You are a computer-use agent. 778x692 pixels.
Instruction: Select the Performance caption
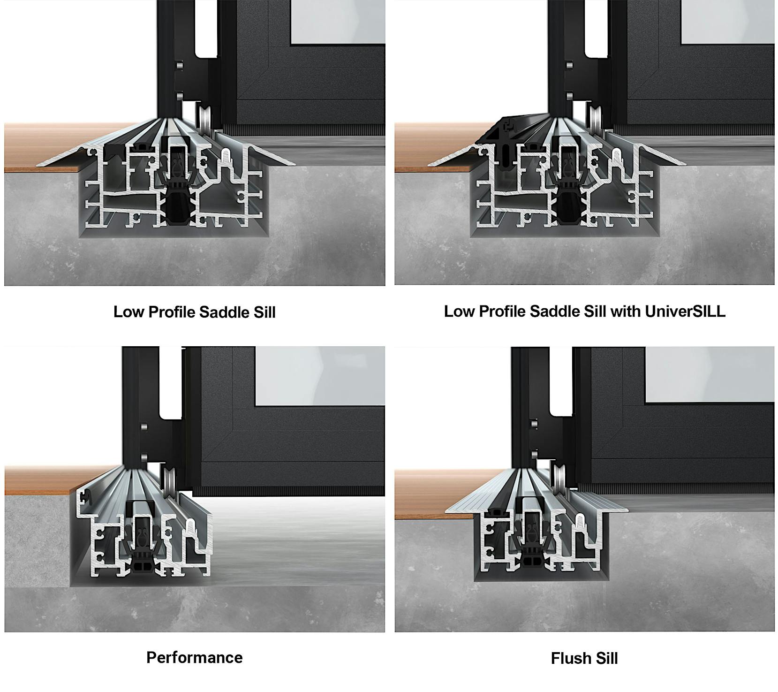coord(195,657)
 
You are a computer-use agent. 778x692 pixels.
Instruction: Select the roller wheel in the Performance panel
coord(167,484)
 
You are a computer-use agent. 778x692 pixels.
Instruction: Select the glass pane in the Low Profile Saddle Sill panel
coord(338,22)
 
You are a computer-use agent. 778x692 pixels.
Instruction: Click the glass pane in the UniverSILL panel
coord(727,22)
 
